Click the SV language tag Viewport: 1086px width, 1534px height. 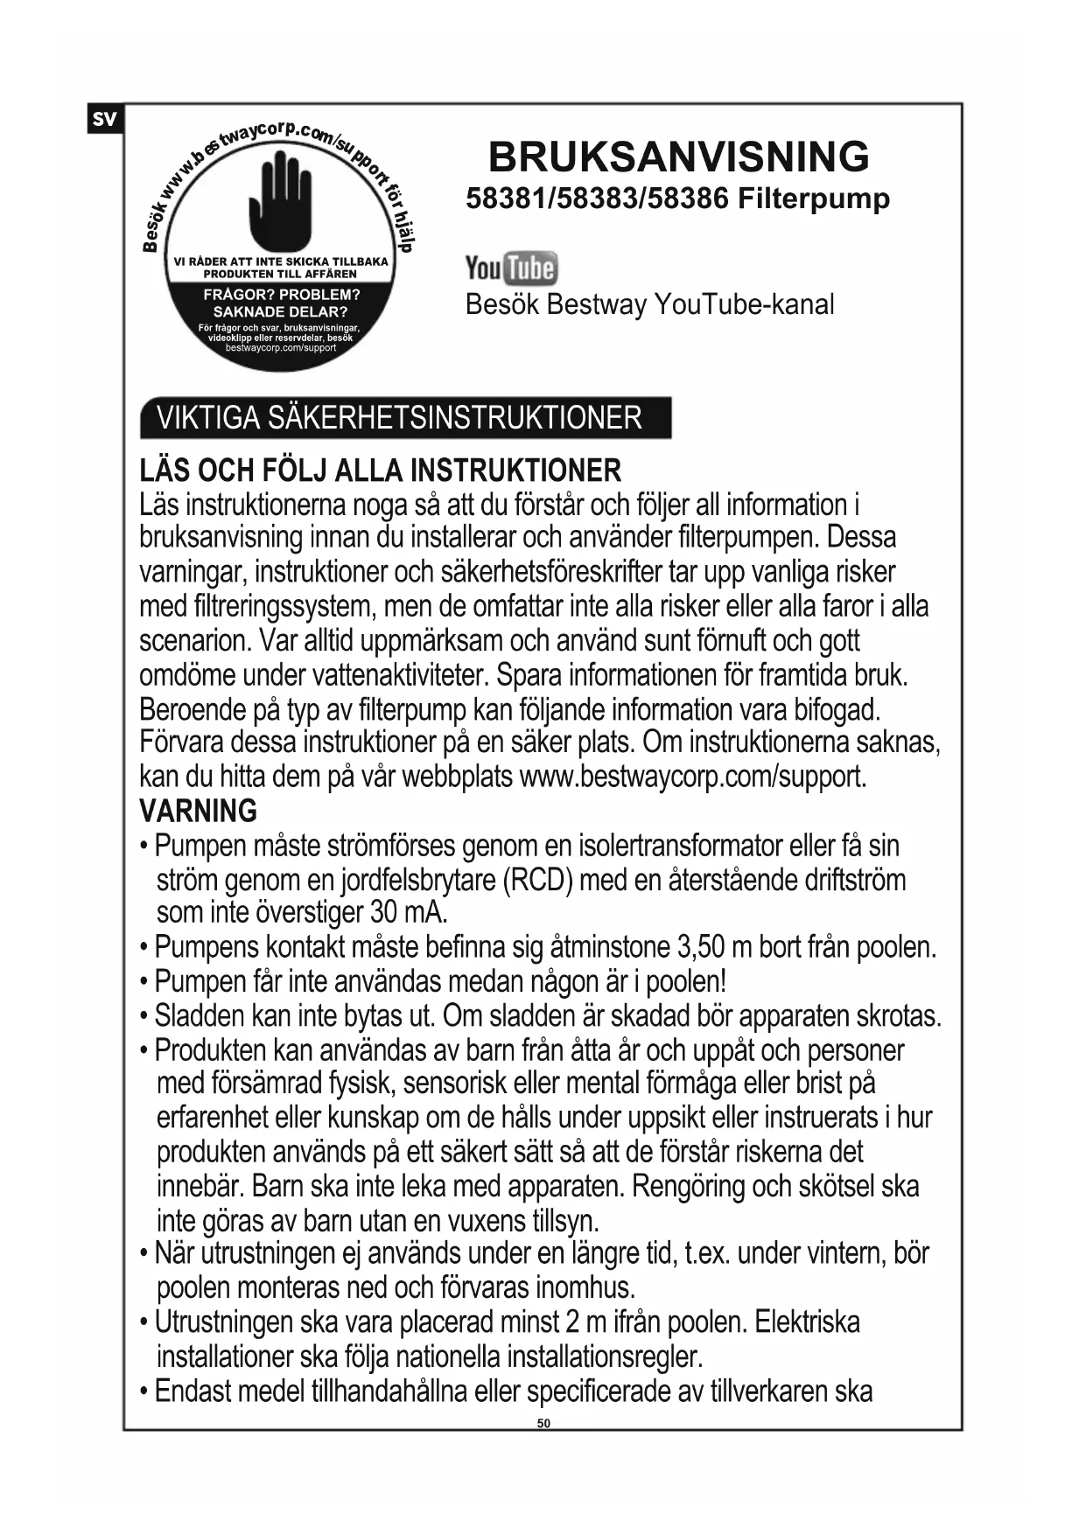[x=104, y=119]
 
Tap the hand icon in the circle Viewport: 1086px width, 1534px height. [x=280, y=200]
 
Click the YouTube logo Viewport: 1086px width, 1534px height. [x=511, y=268]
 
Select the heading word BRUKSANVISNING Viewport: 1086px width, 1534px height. [x=678, y=157]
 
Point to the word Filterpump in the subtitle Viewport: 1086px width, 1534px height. [x=813, y=199]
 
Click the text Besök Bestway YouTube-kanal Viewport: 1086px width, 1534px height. [x=649, y=304]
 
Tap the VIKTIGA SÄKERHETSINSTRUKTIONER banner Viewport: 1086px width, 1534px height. [x=404, y=417]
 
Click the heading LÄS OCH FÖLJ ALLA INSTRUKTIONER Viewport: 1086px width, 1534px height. [x=380, y=471]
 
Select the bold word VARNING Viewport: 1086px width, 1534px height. [x=198, y=811]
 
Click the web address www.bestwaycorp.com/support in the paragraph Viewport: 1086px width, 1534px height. [x=692, y=777]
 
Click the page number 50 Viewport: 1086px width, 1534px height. [x=543, y=1423]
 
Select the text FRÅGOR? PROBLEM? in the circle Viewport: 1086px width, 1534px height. [x=281, y=295]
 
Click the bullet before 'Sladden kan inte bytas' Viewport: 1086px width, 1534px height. [x=144, y=1017]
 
